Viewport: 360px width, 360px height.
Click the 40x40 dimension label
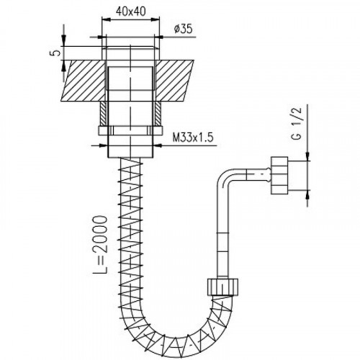coord(131,11)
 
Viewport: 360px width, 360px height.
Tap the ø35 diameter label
coord(184,29)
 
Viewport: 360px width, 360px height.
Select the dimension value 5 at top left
coord(55,53)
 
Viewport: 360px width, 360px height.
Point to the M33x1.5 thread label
coord(193,138)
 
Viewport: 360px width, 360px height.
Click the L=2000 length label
coord(100,245)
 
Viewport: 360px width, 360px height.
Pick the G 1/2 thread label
coord(297,124)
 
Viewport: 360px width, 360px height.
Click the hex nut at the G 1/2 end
coord(279,176)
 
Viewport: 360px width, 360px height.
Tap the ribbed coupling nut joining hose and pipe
coord(222,287)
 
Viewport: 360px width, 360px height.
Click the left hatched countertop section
coord(84,81)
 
